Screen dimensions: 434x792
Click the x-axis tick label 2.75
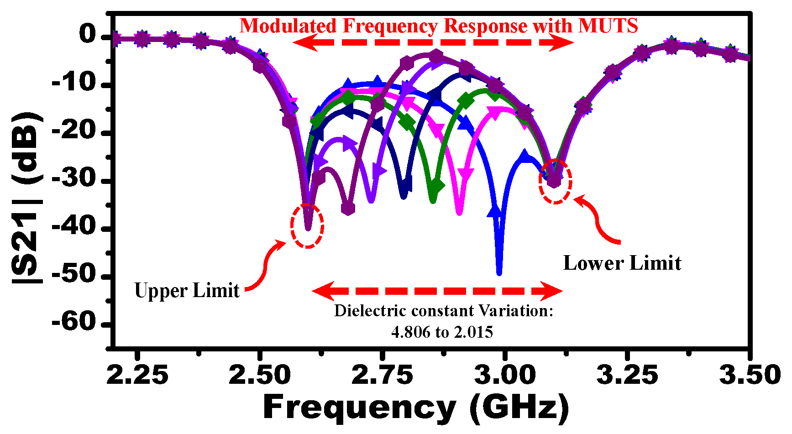pos(383,375)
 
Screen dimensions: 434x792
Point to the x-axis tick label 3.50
pos(750,375)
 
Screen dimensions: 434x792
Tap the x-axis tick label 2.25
pos(137,375)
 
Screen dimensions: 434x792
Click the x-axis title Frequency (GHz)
pos(416,407)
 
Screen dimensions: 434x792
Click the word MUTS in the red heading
pos(608,26)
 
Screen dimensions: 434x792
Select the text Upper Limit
pos(187,291)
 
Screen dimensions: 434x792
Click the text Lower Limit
pos(622,263)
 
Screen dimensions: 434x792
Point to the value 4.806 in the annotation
pos(411,332)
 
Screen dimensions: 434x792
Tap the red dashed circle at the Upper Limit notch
pos(307,226)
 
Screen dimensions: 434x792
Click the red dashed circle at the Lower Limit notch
pos(555,181)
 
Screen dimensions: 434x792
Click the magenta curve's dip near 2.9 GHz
pos(459,211)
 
